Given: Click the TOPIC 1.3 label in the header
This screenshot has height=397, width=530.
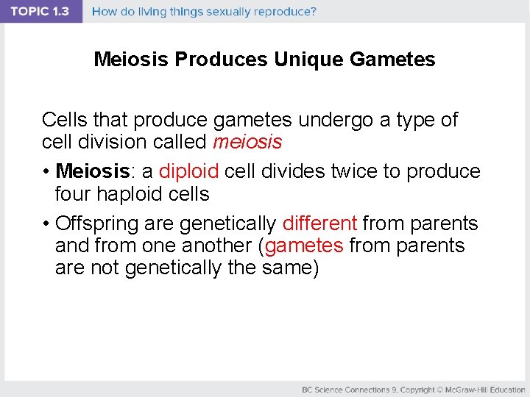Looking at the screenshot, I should (x=41, y=12).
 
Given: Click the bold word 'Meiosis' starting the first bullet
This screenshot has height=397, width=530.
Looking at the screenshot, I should (x=93, y=171).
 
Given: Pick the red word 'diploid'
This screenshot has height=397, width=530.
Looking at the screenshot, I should (x=189, y=171).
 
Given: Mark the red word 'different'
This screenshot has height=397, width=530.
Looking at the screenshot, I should (x=319, y=223).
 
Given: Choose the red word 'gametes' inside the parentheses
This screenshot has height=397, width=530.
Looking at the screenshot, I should (x=304, y=246).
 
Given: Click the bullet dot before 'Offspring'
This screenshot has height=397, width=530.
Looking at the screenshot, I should (x=46, y=223).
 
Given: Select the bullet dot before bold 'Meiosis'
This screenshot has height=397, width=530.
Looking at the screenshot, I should (x=46, y=172).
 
